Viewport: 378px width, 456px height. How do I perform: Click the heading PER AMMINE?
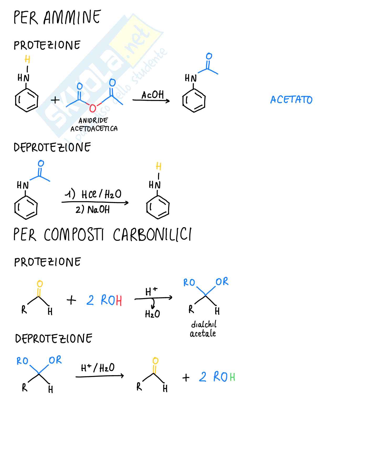coord(57,17)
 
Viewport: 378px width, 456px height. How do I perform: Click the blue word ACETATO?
coord(291,100)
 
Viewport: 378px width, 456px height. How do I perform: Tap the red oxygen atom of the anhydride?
coord(93,108)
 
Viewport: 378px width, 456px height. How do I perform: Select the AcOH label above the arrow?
coord(153,95)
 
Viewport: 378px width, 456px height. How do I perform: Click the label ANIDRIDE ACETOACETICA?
coord(94,125)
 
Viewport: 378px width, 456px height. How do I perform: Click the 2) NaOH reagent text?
coord(92,210)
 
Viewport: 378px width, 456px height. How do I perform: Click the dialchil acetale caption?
coord(203,329)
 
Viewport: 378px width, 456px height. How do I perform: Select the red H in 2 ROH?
coord(119,301)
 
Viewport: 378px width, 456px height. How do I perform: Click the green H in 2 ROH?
coord(232,377)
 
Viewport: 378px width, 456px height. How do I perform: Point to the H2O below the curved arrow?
coord(152,314)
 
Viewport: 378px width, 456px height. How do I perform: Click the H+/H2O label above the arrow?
coord(98,368)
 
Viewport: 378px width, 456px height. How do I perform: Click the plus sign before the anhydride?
coord(55,100)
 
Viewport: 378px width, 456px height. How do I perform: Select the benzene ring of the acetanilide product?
coord(194,101)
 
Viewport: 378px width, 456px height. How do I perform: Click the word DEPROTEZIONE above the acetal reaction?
coord(54,338)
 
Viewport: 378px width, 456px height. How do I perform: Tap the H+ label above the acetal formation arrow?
coord(151,291)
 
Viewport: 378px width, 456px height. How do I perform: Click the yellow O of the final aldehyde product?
coord(155,361)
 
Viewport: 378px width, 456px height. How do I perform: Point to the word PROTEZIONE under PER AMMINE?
coord(47,45)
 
